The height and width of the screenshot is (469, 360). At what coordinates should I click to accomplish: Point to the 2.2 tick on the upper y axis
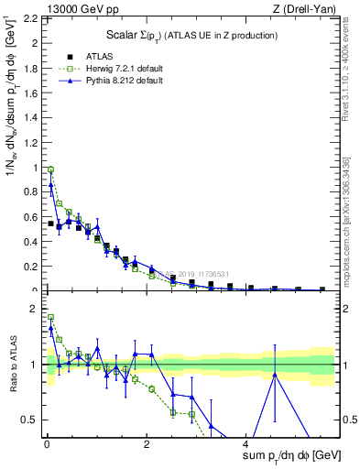click(33, 18)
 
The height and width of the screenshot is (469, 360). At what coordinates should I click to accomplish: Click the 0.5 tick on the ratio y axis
click(33, 420)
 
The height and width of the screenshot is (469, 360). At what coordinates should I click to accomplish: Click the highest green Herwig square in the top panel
click(51, 169)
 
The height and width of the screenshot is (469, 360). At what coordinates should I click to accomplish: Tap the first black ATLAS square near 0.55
click(51, 224)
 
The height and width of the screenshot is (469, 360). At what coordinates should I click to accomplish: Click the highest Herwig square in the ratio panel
click(51, 318)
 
